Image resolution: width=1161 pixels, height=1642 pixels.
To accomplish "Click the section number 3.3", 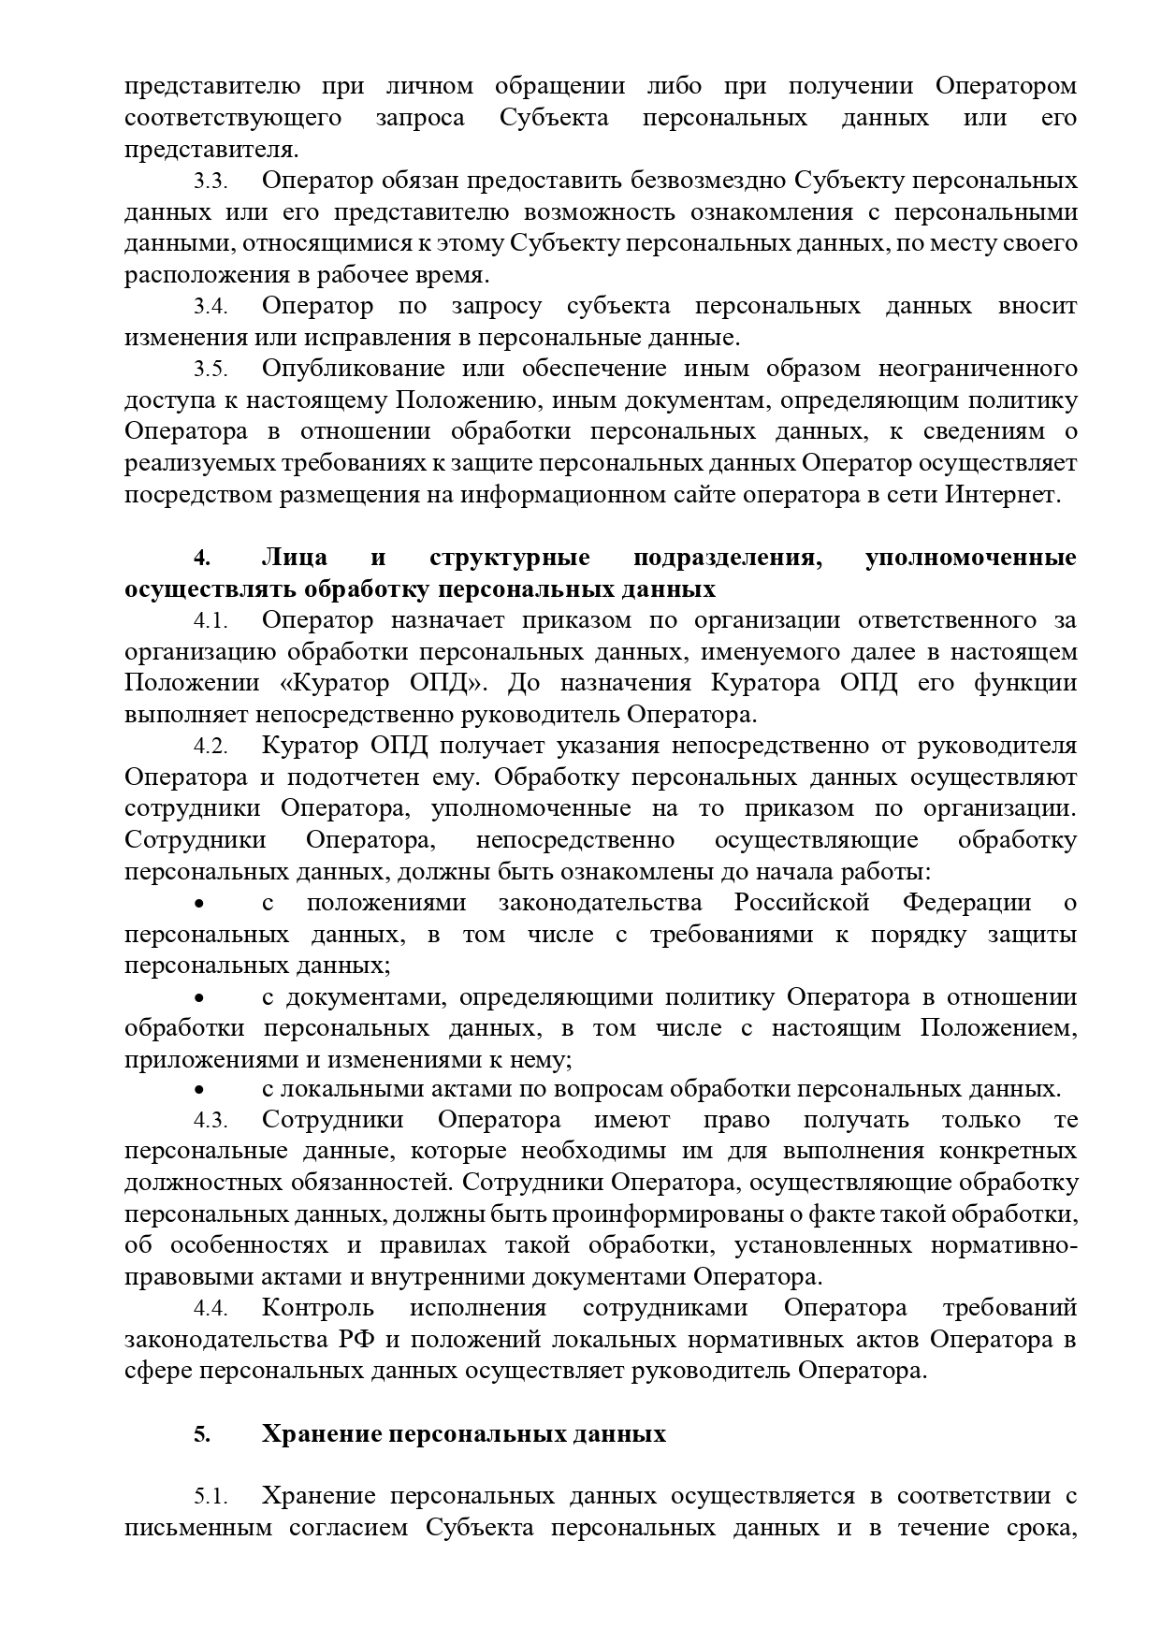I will point(210,181).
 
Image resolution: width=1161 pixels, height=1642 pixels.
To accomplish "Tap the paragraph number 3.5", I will point(210,369).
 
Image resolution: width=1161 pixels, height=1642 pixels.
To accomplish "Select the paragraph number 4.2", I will point(210,747).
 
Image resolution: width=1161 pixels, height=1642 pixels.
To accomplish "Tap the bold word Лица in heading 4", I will point(295,558).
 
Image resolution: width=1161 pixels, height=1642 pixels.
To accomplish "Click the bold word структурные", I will point(510,558).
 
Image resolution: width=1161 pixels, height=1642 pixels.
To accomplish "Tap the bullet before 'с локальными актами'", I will point(198,1090).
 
